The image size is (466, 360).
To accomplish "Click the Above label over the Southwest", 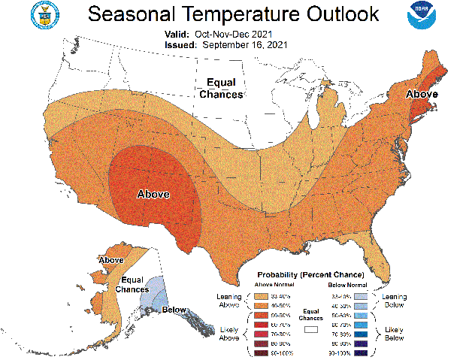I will (153, 194).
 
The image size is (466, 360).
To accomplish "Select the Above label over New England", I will (422, 94).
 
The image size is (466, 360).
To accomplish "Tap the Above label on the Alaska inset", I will (110, 260).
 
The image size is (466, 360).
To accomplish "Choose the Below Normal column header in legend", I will (347, 286).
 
